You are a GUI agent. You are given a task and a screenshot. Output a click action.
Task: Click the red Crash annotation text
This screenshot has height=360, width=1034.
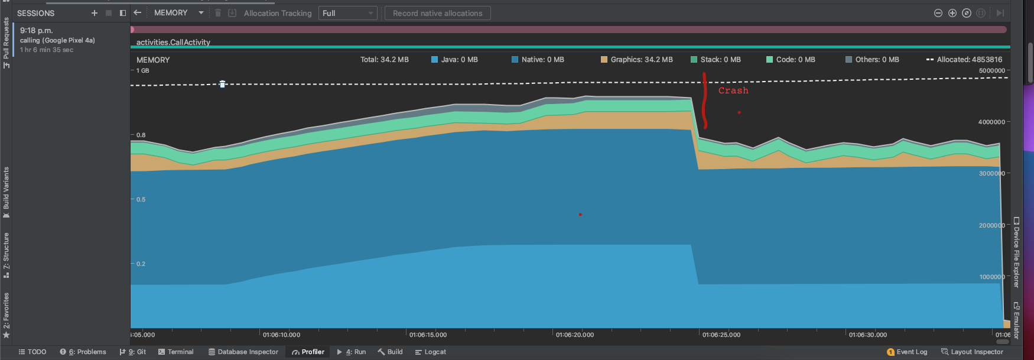click(x=733, y=90)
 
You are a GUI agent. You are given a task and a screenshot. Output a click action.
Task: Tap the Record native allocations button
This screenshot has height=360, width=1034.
click(x=437, y=13)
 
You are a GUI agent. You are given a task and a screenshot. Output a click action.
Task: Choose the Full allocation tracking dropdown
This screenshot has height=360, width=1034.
click(x=347, y=13)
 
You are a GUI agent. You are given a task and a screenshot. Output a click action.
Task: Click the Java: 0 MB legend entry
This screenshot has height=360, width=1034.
click(x=454, y=60)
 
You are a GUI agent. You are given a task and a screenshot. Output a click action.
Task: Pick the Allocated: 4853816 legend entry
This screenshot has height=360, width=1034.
click(x=964, y=60)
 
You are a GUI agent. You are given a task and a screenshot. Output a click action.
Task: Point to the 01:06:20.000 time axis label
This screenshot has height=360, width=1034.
click(x=574, y=335)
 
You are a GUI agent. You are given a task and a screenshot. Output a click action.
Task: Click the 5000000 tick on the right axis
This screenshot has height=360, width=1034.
click(x=991, y=70)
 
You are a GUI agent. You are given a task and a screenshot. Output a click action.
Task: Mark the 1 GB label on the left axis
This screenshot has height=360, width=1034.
click(x=142, y=70)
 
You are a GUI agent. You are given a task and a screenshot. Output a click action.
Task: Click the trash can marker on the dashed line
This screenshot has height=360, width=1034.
click(x=222, y=85)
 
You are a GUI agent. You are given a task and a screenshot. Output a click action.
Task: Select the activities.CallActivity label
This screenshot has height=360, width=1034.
click(x=173, y=42)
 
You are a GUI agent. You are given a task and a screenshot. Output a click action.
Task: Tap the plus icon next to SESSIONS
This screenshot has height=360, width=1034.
click(x=95, y=13)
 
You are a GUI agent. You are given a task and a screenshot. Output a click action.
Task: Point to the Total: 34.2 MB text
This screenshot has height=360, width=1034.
click(x=384, y=60)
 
